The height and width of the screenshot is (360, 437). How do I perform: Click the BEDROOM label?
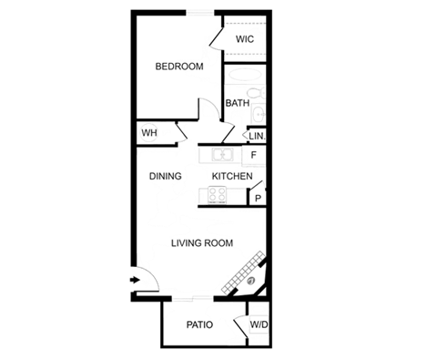pos(179,67)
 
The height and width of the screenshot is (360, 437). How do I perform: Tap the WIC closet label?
pos(245,39)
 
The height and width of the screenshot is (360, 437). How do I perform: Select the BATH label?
pos(238,103)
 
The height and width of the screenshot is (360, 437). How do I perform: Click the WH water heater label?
pos(149,133)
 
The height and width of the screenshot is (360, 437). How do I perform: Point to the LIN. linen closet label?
pos(257,136)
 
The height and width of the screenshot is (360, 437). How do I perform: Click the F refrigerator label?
pos(254,155)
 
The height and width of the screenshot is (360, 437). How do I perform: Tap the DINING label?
pos(166,176)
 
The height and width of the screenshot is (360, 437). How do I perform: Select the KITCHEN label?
pos(232,176)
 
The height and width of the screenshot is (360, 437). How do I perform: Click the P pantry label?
pos(258,199)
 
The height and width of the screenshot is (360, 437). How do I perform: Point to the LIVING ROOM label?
pos(202,243)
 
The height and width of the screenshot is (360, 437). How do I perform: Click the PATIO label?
pos(199,324)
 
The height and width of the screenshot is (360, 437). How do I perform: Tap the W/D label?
pos(259,324)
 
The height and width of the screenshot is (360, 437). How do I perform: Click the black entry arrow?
pos(135,280)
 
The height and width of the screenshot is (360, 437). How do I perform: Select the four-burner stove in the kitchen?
pos(218,194)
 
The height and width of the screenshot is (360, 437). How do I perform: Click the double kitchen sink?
pos(222,155)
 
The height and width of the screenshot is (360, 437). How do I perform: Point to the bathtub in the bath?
pos(245,75)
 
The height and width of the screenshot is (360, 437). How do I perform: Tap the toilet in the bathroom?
pos(256,93)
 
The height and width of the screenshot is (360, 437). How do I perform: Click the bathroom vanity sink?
pos(259,114)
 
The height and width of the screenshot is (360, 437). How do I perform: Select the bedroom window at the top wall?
pos(200,13)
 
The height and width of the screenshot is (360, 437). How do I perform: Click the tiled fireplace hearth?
pos(243,273)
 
